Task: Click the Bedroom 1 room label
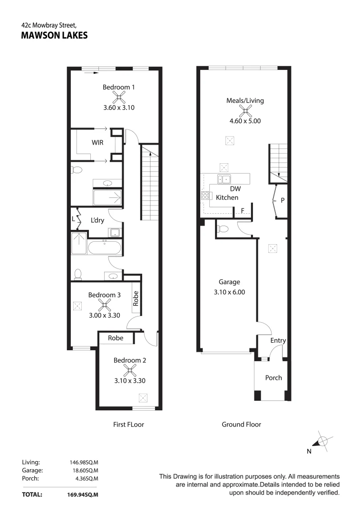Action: point(118,87)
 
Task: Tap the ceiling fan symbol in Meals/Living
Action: point(245,111)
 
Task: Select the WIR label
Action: point(97,143)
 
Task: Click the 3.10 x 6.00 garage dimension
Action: point(229,292)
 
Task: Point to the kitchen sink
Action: point(224,179)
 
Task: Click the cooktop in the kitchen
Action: point(205,196)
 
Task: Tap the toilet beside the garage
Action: point(223,228)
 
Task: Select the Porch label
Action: point(273,377)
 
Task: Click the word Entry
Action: point(278,341)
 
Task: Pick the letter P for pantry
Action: point(282,200)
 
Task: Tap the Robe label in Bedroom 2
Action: point(116,338)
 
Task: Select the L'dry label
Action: point(97,220)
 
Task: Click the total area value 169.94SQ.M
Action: point(83,494)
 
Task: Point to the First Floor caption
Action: point(128,425)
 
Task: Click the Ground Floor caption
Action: point(242,425)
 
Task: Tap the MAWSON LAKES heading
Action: point(54,35)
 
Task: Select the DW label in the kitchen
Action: point(235,189)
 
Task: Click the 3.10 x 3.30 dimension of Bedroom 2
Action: point(130,381)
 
